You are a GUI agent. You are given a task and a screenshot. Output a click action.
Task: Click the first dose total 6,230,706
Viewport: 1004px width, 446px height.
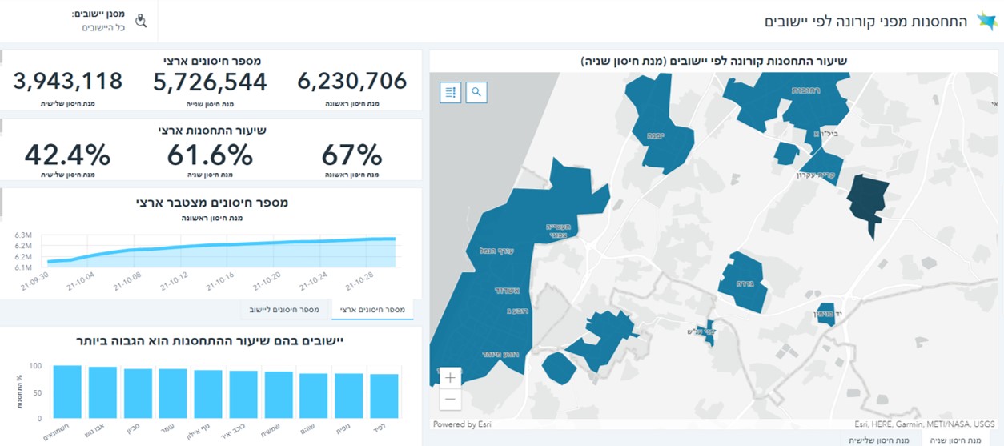(x=351, y=82)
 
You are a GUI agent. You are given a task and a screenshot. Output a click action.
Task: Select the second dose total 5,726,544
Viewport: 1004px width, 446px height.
(x=211, y=82)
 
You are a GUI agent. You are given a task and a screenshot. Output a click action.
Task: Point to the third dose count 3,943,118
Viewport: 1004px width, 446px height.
(x=68, y=82)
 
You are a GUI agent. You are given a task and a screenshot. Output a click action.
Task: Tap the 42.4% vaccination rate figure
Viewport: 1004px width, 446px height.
(x=67, y=155)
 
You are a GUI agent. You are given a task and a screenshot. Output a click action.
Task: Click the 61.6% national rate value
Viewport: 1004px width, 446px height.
(x=210, y=155)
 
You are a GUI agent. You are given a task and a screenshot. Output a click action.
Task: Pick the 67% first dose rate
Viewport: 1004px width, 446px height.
(x=351, y=155)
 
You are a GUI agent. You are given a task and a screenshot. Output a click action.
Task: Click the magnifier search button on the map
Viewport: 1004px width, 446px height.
(x=476, y=92)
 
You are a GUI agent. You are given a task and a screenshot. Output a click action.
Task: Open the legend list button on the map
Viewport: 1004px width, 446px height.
(x=451, y=92)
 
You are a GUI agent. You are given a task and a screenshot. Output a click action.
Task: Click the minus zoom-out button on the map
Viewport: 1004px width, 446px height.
(x=450, y=398)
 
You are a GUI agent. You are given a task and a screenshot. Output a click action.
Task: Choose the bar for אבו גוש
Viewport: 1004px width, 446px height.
(x=102, y=392)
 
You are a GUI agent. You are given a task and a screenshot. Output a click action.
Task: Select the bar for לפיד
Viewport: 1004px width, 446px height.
(x=384, y=396)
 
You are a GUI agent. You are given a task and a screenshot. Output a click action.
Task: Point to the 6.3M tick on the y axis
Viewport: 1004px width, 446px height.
(x=22, y=235)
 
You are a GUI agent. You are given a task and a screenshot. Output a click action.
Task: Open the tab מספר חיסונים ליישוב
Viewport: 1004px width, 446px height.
(x=285, y=309)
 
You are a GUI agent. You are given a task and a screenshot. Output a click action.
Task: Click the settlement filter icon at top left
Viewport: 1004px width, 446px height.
(x=141, y=21)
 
